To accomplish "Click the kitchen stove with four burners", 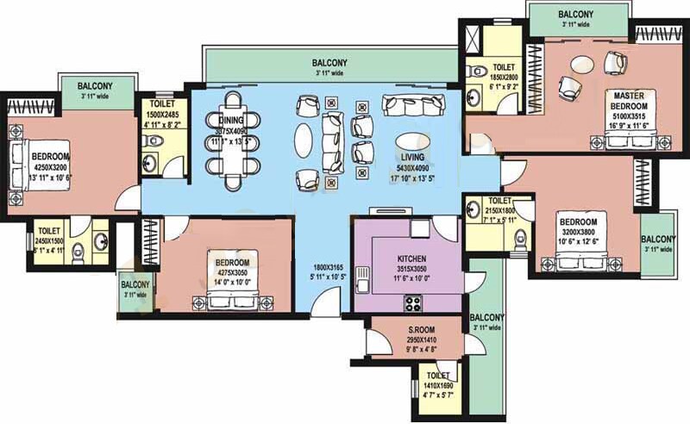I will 413,302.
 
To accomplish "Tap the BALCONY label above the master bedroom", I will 575,15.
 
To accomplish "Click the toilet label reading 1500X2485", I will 161,115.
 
